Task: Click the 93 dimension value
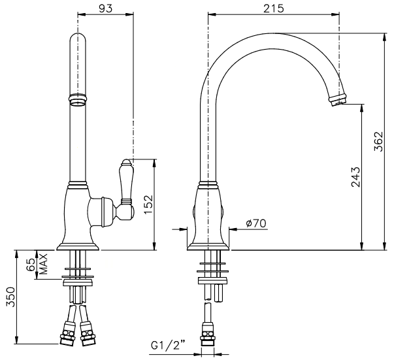tap(105, 8)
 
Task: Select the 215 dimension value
tap(274, 8)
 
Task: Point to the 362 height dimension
tap(378, 141)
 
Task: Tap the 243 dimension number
tap(355, 177)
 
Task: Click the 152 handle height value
tap(148, 205)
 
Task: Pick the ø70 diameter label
tap(255, 223)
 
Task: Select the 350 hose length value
tap(11, 297)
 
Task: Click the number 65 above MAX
tap(31, 265)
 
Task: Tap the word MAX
tap(43, 264)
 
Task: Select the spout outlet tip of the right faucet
tap(338, 100)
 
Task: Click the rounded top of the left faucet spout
tap(78, 38)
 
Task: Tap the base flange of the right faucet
tap(208, 247)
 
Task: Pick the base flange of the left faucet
tap(78, 247)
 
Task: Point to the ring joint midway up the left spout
tap(78, 100)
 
